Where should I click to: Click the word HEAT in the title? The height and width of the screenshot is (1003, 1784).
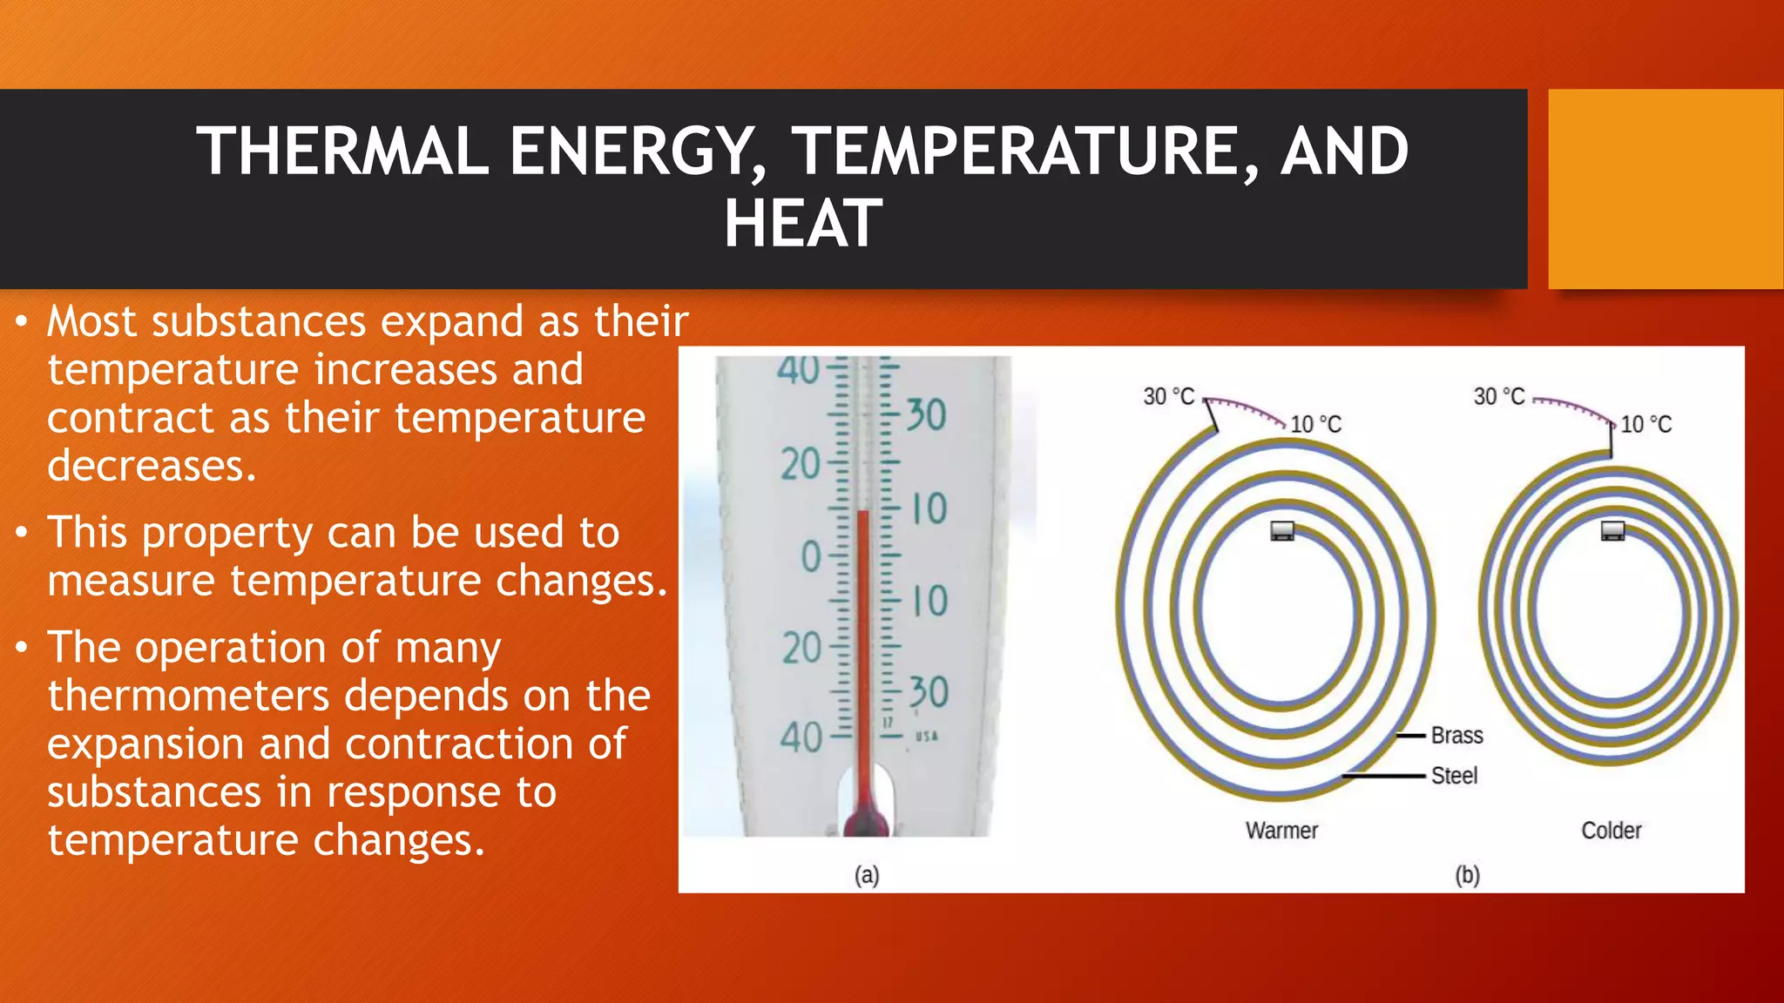[802, 224]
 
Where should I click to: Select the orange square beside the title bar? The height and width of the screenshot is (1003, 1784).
[1665, 189]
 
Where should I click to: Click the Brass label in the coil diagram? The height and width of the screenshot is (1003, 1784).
[1456, 736]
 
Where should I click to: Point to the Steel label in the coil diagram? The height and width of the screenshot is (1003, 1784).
[1454, 776]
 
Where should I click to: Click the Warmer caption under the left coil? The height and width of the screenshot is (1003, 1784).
[1281, 831]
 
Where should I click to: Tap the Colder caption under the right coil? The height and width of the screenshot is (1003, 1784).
[1611, 831]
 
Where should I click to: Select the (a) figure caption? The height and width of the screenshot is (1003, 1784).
[866, 875]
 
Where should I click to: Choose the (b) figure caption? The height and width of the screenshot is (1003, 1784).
[1467, 875]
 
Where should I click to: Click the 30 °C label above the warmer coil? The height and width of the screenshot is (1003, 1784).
[1168, 397]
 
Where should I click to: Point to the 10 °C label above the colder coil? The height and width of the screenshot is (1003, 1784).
[1645, 425]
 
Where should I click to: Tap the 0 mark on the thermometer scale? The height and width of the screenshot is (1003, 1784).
[811, 557]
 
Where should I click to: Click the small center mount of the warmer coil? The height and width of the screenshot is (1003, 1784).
[1281, 530]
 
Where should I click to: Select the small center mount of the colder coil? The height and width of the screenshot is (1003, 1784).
[1612, 530]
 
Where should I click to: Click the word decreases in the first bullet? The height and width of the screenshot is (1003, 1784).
[152, 466]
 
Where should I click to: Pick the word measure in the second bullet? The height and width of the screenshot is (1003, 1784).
[131, 581]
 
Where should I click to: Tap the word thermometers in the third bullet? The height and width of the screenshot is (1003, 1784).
[188, 696]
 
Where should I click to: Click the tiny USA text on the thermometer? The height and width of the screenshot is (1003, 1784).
[926, 737]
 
